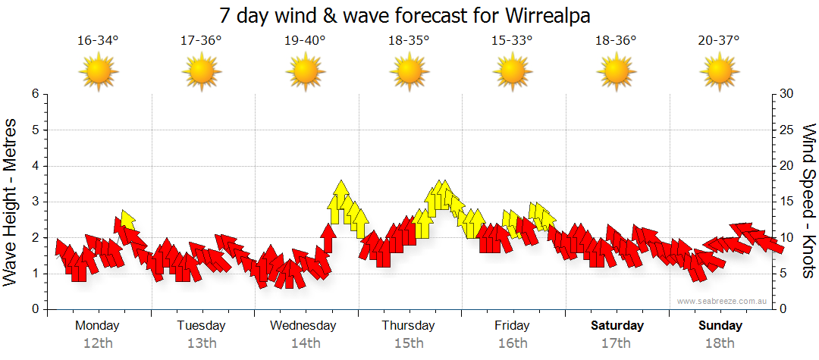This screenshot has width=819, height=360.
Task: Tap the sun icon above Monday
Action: coord(98,72)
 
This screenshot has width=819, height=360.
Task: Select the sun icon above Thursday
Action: coord(409,72)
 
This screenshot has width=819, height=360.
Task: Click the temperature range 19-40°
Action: coord(305,40)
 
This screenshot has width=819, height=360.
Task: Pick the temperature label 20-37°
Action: coord(719,40)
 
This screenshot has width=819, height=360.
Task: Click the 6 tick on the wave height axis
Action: coord(35,94)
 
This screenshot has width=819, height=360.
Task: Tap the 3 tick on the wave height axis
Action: coord(35,202)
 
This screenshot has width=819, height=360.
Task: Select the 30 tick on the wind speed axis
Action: coord(788,94)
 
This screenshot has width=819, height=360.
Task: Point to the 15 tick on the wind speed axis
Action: coord(788,202)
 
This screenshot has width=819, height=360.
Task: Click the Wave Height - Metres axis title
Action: coord(11,202)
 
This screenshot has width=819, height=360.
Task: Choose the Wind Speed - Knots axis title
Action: coord(808,202)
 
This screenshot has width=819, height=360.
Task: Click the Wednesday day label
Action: coord(303,326)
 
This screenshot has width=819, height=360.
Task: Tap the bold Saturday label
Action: coord(617,326)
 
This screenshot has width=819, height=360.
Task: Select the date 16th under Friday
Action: coord(513,343)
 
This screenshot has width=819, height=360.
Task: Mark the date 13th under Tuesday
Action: coord(201,343)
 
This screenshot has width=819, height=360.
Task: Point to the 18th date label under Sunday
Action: coord(720,343)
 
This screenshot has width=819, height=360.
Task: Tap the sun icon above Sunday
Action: coord(719,72)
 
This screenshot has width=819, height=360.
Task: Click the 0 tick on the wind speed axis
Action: coord(785,309)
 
